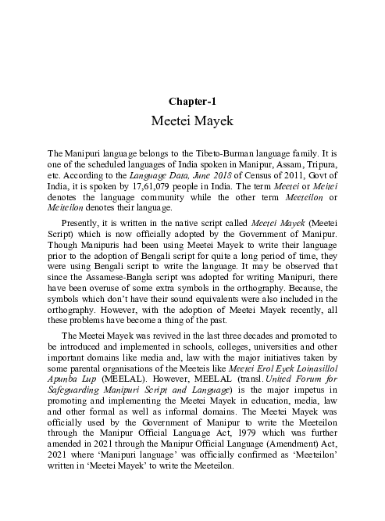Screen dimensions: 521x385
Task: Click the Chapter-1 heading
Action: coord(192,101)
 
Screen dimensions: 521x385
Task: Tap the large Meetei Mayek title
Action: coord(192,122)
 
